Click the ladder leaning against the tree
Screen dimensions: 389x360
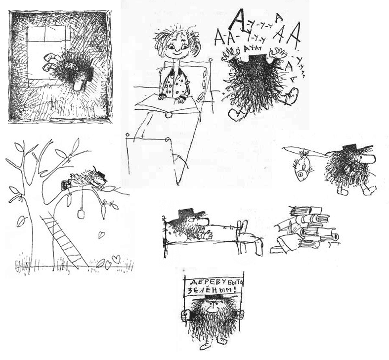point(64,241)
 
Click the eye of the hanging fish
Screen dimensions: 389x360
point(301,174)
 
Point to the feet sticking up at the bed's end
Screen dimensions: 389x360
point(248,238)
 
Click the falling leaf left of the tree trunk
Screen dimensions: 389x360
point(21,222)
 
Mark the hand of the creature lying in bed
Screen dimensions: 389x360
point(207,235)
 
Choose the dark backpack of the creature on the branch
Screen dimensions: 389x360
point(66,185)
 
